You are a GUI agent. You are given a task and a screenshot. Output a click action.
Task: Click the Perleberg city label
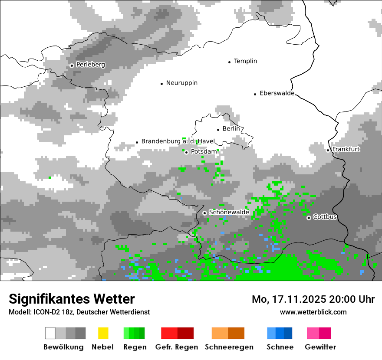[x=90, y=65]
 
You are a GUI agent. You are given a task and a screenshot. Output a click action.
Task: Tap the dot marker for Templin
[x=229, y=62]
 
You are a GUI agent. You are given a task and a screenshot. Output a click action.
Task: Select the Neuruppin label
[x=181, y=83]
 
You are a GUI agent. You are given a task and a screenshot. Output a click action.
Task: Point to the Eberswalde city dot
[x=255, y=94]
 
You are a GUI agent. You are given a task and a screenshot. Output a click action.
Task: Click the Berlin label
[x=231, y=129]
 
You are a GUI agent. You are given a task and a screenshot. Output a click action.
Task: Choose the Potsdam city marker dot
[x=186, y=152]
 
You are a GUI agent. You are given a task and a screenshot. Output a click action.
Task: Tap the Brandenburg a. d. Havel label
[x=178, y=141]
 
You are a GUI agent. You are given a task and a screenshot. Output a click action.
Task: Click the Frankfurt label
[x=346, y=149]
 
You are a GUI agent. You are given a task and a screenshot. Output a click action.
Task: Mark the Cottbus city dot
[x=309, y=218]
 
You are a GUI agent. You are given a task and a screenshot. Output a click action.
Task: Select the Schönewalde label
[x=229, y=212]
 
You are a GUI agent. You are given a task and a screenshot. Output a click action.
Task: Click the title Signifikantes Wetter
[x=72, y=299]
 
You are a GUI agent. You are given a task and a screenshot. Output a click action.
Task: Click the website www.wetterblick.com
[x=313, y=312]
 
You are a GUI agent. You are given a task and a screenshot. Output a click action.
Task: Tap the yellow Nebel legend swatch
[x=103, y=333]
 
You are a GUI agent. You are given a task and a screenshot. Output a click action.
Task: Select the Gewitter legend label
[x=320, y=347]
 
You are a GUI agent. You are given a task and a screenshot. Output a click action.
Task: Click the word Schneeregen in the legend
[x=229, y=347]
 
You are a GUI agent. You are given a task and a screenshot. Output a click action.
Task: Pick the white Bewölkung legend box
[x=50, y=333]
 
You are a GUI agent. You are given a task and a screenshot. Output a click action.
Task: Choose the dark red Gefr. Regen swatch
[x=185, y=333]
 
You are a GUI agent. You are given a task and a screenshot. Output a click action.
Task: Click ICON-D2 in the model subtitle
[x=45, y=312]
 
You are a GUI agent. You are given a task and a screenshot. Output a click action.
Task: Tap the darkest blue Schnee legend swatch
[x=288, y=333]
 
